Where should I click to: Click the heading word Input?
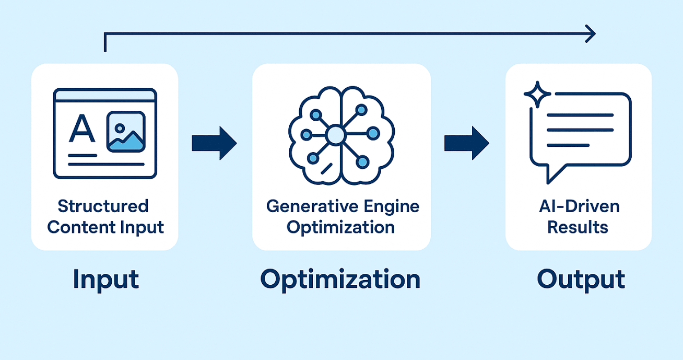coord(106,279)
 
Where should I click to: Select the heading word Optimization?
coord(340,279)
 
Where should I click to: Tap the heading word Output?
coord(581,279)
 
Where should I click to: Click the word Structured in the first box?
coord(103,206)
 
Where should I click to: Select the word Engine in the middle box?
coord(392,206)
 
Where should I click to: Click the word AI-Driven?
coord(579,206)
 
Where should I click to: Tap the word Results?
coord(579,227)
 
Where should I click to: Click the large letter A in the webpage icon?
coord(82,129)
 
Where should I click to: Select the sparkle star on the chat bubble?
coord(537,95)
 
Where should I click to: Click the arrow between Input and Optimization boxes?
coord(214,143)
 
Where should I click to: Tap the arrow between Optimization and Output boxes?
coord(466,143)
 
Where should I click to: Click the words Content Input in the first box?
coord(105,227)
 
